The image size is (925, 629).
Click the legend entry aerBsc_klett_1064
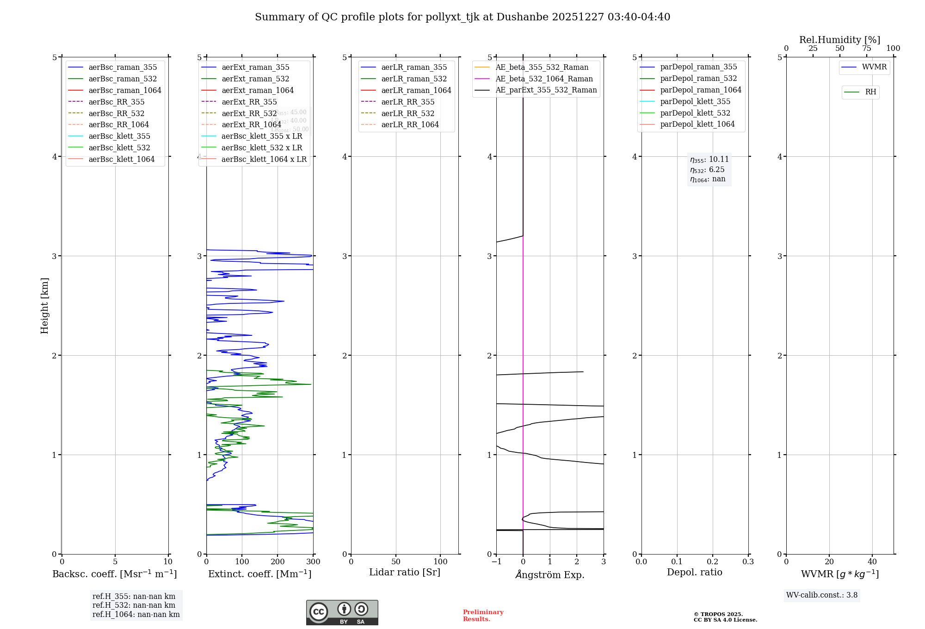click(121, 159)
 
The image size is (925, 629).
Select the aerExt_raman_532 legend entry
click(255, 79)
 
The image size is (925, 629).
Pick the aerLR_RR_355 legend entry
click(407, 102)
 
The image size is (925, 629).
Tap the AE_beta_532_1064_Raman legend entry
click(544, 79)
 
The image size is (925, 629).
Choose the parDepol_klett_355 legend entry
click(695, 101)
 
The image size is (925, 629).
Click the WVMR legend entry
click(874, 67)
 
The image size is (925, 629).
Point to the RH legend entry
click(870, 92)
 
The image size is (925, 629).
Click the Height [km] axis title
click(44, 305)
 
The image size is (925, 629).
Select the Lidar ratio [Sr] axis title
click(405, 572)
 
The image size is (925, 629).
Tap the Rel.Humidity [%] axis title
click(839, 40)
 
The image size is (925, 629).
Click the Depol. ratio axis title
click(694, 572)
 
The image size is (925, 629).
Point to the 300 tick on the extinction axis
click(313, 561)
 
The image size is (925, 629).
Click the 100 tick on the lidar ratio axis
click(440, 561)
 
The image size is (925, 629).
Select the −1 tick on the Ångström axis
click(496, 561)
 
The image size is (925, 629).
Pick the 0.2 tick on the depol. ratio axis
click(713, 561)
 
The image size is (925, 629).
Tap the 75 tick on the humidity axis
click(866, 49)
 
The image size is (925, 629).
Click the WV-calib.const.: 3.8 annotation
click(822, 595)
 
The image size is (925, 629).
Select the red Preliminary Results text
click(483, 616)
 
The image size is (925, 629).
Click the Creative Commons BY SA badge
click(342, 612)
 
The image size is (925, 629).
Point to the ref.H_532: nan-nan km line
click(134, 605)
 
